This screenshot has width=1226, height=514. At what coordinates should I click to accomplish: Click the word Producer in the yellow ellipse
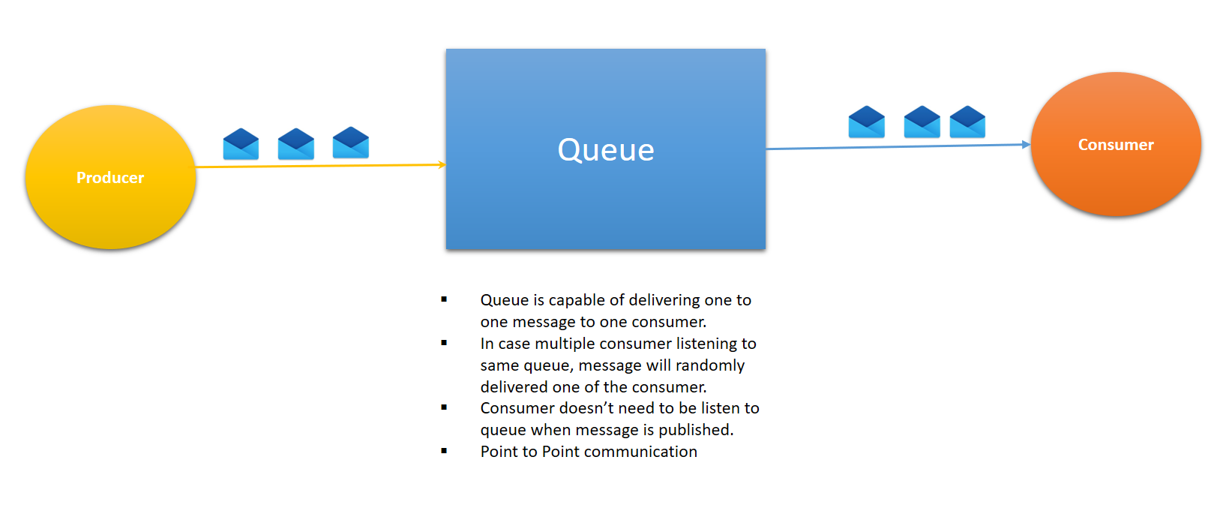pyautogui.click(x=109, y=178)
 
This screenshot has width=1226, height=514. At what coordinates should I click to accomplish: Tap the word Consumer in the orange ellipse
pyautogui.click(x=1116, y=145)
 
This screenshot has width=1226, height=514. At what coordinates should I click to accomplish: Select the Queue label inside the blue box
pyautogui.click(x=606, y=150)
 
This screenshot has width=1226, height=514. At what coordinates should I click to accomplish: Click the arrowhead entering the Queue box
pyautogui.click(x=442, y=164)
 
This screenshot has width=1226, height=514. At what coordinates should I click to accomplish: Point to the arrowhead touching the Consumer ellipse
pyautogui.click(x=1026, y=144)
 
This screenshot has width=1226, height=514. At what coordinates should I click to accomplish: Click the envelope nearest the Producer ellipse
pyautogui.click(x=241, y=143)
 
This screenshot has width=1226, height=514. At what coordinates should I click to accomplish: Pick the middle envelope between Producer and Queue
pyautogui.click(x=295, y=143)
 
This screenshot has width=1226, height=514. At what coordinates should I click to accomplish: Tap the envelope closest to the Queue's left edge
pyautogui.click(x=350, y=143)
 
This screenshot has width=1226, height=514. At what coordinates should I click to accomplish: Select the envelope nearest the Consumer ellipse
pyautogui.click(x=967, y=122)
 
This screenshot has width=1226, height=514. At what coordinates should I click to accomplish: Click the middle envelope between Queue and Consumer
pyautogui.click(x=922, y=122)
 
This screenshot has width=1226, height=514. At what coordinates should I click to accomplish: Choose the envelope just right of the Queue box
pyautogui.click(x=866, y=122)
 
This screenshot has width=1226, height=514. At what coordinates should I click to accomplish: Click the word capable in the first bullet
pyautogui.click(x=577, y=300)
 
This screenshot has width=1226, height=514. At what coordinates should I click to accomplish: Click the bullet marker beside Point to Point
pyautogui.click(x=444, y=451)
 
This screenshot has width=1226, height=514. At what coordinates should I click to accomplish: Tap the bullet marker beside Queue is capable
pyautogui.click(x=444, y=299)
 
